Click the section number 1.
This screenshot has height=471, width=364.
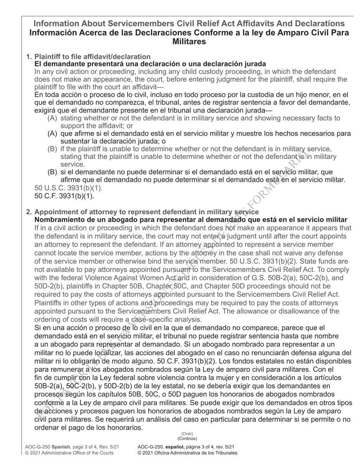click(x=29, y=57)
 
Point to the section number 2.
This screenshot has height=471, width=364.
click(x=29, y=212)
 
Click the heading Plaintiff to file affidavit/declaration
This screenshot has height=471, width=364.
click(x=92, y=57)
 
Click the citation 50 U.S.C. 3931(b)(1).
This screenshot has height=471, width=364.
click(x=68, y=188)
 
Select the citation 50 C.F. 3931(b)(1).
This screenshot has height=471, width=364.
click(x=64, y=196)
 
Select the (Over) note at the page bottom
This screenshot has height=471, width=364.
click(x=187, y=434)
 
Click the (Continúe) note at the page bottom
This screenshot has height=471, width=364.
click(x=187, y=438)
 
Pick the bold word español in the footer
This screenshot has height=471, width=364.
click(x=171, y=446)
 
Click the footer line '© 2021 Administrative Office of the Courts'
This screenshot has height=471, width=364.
click(x=69, y=453)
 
